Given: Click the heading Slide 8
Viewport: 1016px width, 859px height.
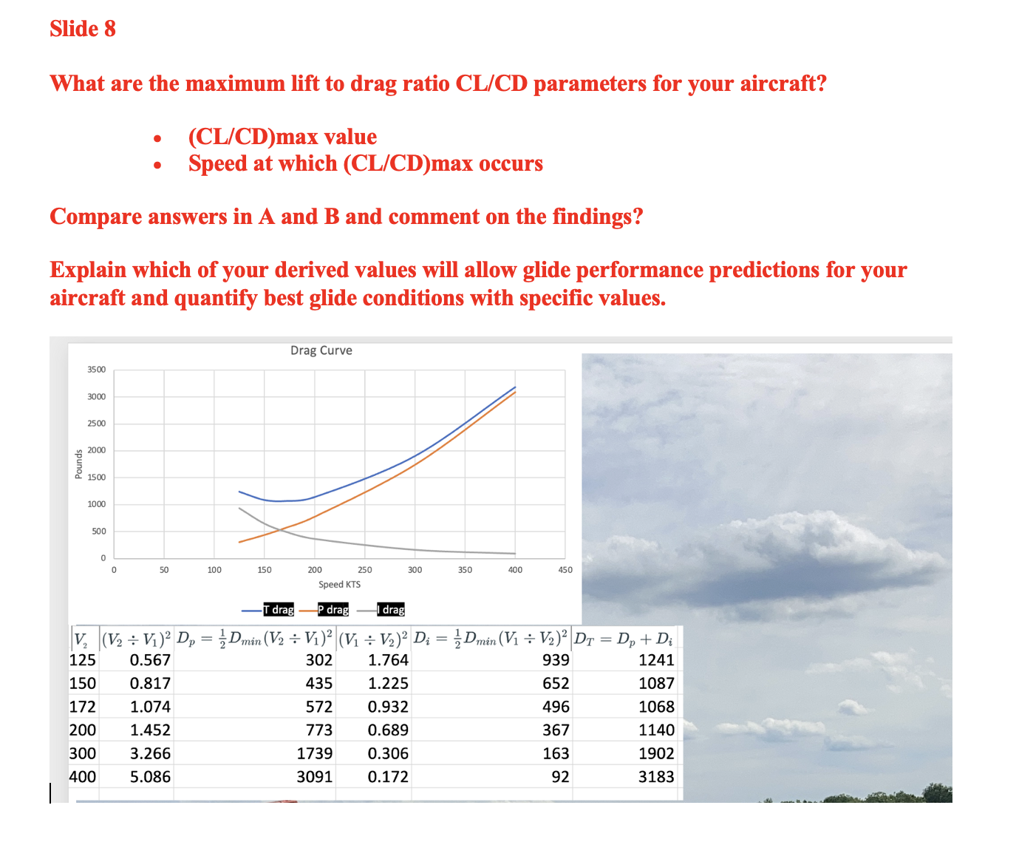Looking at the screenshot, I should click(83, 29).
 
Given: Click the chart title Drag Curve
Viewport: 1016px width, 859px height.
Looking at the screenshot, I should click(321, 350).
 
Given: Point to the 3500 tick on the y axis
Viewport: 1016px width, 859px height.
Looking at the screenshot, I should click(97, 370).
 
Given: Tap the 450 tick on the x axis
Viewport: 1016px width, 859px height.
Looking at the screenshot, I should click(565, 570).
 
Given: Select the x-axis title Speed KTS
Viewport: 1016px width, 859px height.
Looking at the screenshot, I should click(339, 585).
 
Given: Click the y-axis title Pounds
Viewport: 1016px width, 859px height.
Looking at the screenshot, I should click(79, 464).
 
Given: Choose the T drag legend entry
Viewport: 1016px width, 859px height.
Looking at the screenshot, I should click(279, 610).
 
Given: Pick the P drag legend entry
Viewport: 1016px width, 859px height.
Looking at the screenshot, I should click(333, 610).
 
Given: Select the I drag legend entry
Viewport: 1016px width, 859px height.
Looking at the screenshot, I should click(391, 610).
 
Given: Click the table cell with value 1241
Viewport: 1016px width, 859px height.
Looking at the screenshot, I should click(656, 660).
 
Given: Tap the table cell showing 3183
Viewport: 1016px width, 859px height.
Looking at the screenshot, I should click(656, 777).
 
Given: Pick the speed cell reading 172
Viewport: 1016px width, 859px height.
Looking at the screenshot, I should click(83, 707).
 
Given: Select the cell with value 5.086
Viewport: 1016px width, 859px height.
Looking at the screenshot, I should click(150, 777).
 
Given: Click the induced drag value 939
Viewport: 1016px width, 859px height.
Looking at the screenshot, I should click(556, 660).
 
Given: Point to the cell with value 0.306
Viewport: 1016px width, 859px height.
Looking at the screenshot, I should click(388, 753).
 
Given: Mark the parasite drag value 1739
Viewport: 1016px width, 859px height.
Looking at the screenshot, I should click(315, 753).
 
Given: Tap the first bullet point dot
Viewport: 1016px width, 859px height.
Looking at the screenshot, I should click(157, 139).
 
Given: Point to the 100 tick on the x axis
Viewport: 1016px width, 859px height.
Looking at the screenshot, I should click(214, 570).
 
